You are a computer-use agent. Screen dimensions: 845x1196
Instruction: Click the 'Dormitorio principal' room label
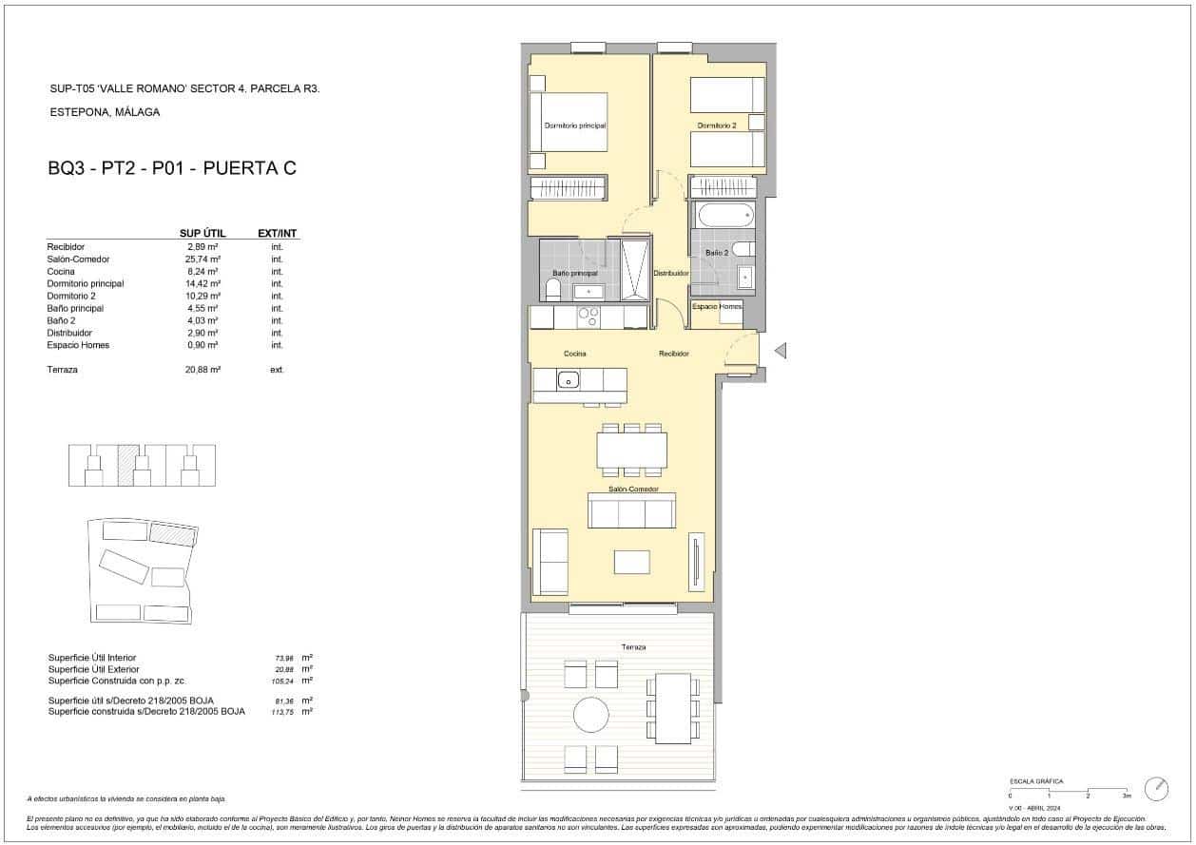click(574, 125)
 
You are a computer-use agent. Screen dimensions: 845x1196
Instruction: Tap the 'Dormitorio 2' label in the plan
click(716, 125)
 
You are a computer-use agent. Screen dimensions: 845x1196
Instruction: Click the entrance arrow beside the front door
click(780, 352)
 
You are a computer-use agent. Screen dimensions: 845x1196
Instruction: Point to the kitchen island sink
click(569, 381)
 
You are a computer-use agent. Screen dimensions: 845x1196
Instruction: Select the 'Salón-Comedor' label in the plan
click(633, 490)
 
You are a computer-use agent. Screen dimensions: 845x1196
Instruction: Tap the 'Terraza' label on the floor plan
click(633, 647)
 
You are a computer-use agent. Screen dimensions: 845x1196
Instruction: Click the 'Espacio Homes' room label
click(717, 306)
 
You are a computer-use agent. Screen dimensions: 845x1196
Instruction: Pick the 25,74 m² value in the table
click(203, 259)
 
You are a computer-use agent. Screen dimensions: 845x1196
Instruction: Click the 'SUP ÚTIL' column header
click(201, 233)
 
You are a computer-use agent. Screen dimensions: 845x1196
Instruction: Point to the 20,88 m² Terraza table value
click(203, 370)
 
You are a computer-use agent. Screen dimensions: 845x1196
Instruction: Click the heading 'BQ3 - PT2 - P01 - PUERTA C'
click(172, 169)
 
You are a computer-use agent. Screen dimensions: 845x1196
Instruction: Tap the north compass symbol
click(1157, 788)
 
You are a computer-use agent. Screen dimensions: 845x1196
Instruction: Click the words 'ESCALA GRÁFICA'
click(1036, 781)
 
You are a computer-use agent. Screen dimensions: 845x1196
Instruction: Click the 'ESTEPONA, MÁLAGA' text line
click(105, 112)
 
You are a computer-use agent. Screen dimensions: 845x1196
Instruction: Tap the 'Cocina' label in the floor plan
click(574, 354)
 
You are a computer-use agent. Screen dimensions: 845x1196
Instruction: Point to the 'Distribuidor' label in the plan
click(670, 273)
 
